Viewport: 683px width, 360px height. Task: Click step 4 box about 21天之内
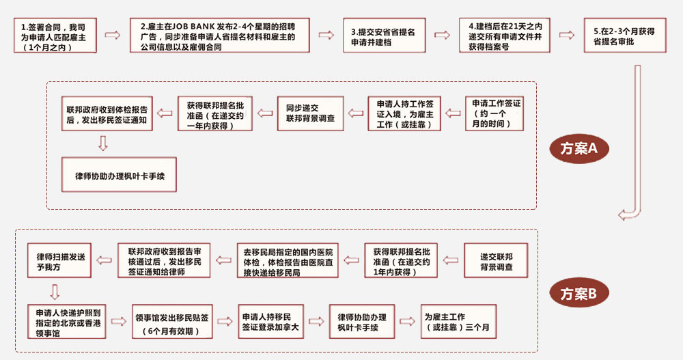pyautogui.click(x=505, y=36)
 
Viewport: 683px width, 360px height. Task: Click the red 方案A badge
pyautogui.click(x=579, y=148)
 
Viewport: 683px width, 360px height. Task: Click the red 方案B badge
pyautogui.click(x=579, y=294)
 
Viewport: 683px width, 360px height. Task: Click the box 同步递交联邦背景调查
pyautogui.click(x=310, y=113)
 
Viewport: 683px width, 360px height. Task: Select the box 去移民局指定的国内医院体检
pyautogui.click(x=288, y=260)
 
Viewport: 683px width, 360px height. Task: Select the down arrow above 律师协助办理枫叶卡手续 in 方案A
pyautogui.click(x=103, y=143)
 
